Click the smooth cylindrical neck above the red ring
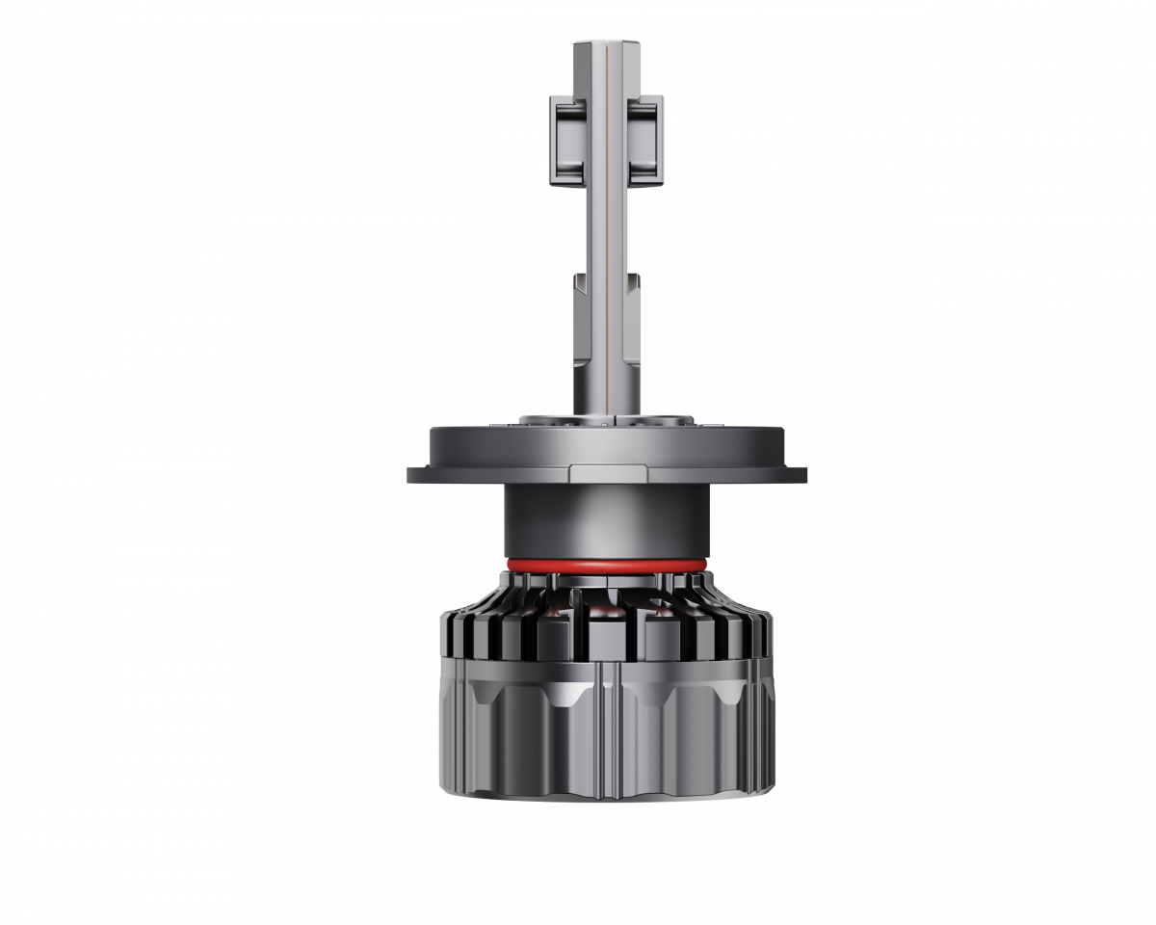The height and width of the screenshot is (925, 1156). [x=606, y=520]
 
